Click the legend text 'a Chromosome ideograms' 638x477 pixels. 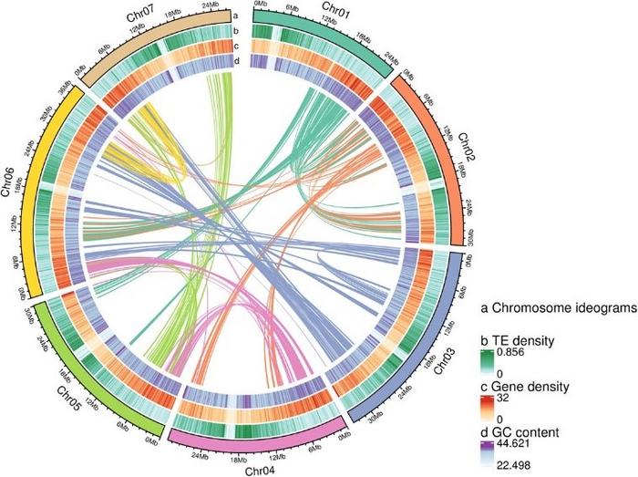(559, 310)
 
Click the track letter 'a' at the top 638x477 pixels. (235, 16)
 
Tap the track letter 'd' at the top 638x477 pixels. (236, 60)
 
